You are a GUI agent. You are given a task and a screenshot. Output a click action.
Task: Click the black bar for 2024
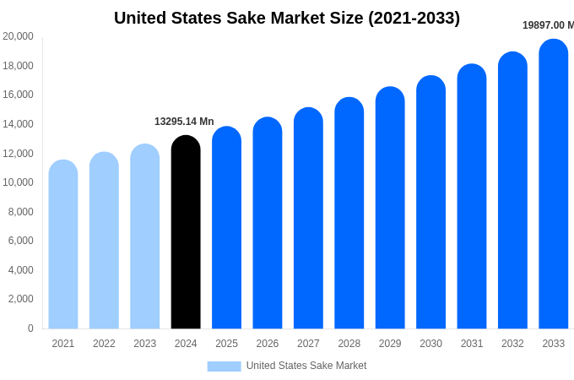coord(186,232)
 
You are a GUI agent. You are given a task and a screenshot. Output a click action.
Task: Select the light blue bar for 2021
coord(63,244)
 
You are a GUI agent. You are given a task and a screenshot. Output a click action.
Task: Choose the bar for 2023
coord(145,236)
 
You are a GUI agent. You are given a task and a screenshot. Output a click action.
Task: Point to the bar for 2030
coord(430,202)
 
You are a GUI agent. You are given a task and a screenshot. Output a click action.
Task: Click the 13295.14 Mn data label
coord(184,122)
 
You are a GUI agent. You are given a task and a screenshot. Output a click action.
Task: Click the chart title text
coord(287,18)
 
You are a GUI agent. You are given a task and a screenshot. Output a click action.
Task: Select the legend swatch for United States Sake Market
coord(224,366)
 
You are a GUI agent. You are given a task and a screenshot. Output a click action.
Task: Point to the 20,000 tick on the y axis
coord(18,36)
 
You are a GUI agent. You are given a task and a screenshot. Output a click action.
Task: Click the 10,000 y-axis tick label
coord(18,182)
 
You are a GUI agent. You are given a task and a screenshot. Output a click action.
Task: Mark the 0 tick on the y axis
coord(30,328)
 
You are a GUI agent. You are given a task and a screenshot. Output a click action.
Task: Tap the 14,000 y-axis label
coord(18,124)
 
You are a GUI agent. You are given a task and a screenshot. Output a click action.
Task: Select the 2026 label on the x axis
coord(268,344)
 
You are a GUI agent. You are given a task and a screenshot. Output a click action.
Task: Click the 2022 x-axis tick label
coord(104,344)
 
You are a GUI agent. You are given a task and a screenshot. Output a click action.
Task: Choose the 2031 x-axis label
coord(472,344)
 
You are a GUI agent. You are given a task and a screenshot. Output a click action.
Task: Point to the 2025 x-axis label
coord(226,344)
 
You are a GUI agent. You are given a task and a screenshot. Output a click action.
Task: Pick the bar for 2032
coord(512,190)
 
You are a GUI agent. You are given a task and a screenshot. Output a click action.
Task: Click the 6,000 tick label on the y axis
coord(21,241)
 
